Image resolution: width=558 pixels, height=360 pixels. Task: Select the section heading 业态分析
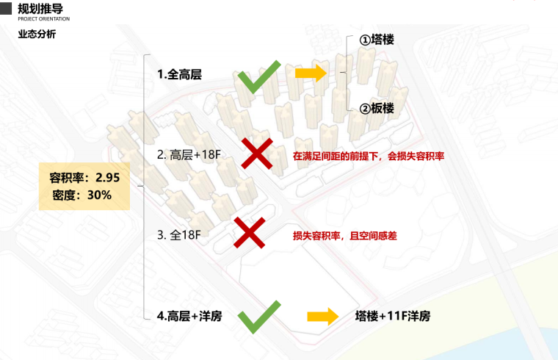(36, 35)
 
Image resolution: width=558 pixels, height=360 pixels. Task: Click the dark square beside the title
(7, 7)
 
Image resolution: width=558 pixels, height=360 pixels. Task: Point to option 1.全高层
(179, 74)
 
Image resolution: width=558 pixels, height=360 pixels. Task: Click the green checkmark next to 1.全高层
(257, 76)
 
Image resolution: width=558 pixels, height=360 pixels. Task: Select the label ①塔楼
(376, 40)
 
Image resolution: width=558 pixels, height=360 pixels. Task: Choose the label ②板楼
(376, 108)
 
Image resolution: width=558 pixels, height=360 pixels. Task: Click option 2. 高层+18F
(189, 155)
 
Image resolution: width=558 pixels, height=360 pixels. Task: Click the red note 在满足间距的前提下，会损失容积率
(369, 156)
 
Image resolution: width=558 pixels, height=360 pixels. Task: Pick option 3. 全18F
(179, 235)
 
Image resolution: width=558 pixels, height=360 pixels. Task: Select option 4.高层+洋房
(189, 317)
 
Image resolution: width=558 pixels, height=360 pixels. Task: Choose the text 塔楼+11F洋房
(392, 317)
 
